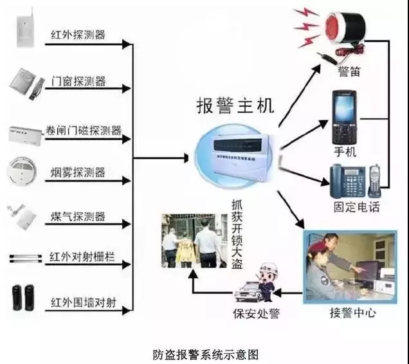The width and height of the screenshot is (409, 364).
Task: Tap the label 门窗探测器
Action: (x=78, y=82)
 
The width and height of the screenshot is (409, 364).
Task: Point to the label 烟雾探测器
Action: (x=78, y=172)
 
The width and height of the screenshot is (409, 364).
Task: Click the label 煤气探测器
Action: (x=78, y=216)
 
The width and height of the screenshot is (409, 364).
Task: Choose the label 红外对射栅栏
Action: (x=82, y=259)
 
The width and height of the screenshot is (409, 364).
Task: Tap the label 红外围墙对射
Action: (x=82, y=302)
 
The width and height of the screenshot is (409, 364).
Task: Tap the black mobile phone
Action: (x=345, y=117)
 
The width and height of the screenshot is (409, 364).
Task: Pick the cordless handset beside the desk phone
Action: (x=375, y=179)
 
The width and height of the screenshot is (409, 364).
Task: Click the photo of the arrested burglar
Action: (x=190, y=241)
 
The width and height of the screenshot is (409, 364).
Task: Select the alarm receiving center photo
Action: (x=351, y=266)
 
